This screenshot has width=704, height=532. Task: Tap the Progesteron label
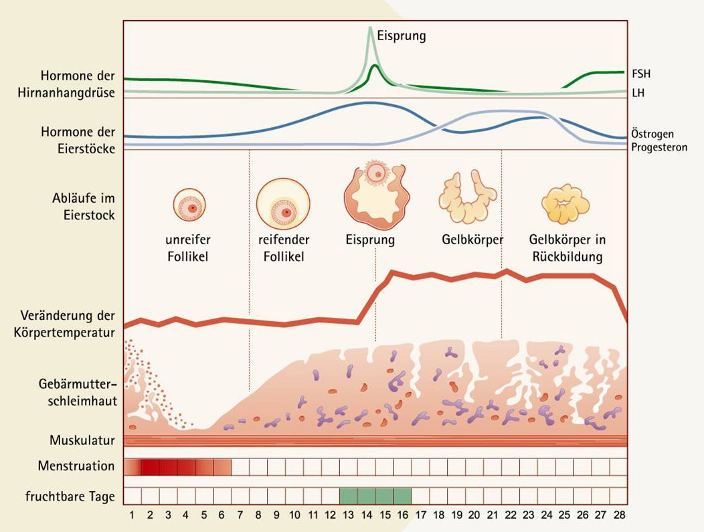[659, 147]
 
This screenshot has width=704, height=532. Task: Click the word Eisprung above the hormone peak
[401, 35]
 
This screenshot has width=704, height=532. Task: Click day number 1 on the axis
[133, 516]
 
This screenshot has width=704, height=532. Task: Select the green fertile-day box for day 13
[349, 496]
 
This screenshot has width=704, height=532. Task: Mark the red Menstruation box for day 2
[150, 466]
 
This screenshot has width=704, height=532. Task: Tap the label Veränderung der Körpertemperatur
[67, 323]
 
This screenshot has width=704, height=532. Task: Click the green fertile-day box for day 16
[402, 496]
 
